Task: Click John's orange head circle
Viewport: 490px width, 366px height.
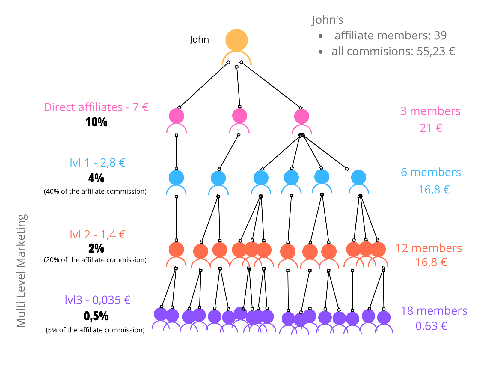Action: tap(236, 40)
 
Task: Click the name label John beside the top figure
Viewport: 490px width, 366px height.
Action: tap(199, 40)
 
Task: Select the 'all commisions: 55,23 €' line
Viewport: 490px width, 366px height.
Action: tap(393, 51)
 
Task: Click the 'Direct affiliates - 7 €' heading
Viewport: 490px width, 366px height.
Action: tap(96, 107)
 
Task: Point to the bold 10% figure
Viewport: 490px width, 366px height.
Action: tap(96, 122)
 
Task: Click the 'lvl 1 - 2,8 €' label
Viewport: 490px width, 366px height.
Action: tap(98, 162)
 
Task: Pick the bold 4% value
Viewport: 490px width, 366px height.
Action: tap(96, 178)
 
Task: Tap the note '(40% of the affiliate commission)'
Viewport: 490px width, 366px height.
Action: tap(95, 192)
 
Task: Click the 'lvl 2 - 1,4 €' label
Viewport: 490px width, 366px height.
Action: tap(98, 235)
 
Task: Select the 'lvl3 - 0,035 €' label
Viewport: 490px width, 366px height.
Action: tap(98, 300)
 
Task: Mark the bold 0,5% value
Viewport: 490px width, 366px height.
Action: tap(96, 316)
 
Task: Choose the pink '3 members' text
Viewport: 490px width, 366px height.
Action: tap(430, 111)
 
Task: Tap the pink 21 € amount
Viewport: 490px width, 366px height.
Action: tap(431, 128)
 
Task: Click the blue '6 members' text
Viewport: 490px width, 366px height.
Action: tap(431, 172)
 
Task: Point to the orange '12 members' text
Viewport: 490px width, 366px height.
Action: tap(429, 248)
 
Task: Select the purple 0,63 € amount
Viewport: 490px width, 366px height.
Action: tap(431, 326)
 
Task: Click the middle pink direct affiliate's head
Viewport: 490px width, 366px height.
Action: tap(239, 116)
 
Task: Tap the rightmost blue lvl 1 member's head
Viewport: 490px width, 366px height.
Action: tap(358, 177)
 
